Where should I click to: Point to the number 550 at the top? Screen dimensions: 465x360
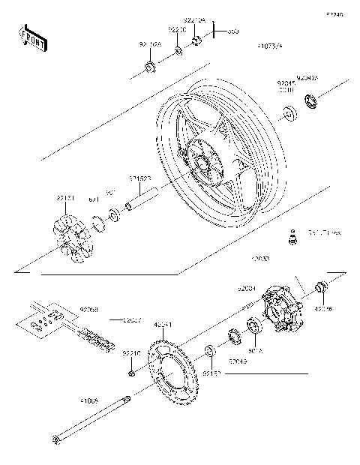point(232,31)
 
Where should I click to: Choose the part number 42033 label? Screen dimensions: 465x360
point(261,259)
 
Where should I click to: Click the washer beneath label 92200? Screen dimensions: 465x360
point(178,51)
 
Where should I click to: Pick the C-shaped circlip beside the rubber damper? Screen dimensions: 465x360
point(97,222)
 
